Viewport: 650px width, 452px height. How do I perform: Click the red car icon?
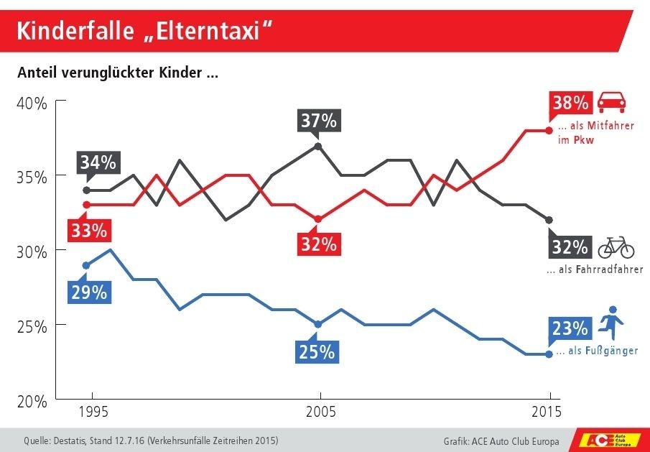(613, 101)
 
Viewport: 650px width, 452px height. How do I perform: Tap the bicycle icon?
(616, 247)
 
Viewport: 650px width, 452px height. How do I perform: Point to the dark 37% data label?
(319, 121)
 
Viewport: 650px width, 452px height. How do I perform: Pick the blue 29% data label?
(89, 292)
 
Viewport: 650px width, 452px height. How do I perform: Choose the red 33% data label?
(89, 231)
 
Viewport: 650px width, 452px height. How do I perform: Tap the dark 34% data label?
(98, 162)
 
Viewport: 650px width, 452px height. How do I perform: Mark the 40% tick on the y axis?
(32, 103)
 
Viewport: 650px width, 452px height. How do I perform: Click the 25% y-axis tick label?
(32, 326)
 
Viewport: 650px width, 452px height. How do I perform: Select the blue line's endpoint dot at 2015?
(549, 354)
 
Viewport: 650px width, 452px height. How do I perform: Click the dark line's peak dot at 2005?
(319, 146)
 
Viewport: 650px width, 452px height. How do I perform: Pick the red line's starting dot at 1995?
(87, 205)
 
